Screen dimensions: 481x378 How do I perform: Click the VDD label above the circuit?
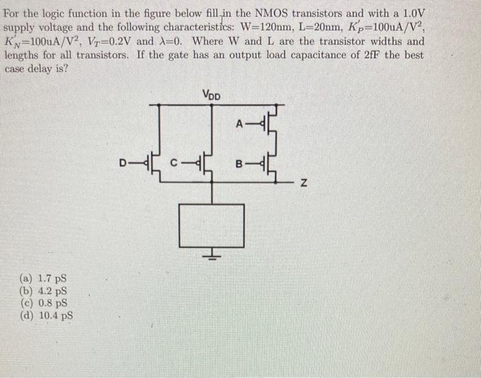211,95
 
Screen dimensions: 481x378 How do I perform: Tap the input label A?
238,124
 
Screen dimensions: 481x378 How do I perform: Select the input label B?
238,165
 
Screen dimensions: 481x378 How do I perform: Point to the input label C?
175,163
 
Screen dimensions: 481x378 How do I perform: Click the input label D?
122,163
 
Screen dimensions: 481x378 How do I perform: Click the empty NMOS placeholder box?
211,225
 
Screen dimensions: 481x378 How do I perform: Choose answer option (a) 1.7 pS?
43,279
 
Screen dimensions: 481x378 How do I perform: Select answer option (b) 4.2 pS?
43,291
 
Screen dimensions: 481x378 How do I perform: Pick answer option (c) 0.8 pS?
43,303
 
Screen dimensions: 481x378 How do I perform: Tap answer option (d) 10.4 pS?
46,315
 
